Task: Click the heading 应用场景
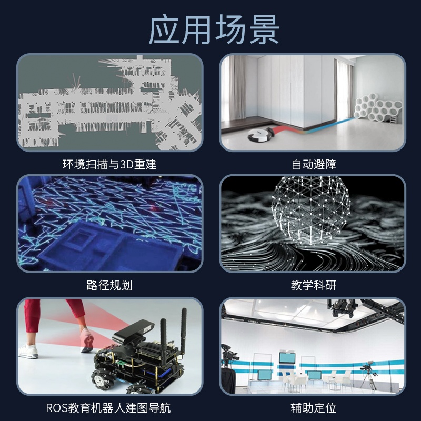point(214,29)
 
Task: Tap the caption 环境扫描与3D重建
point(109,164)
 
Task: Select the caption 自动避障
point(314,164)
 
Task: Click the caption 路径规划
point(109,285)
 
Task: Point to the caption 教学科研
point(314,285)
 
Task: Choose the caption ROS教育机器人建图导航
point(108,408)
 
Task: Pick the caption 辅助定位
point(314,408)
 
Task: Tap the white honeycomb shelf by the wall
point(378,107)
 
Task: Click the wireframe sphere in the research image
point(311,209)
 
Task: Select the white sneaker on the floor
point(28,351)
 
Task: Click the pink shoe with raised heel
point(87,340)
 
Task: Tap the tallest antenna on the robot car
point(183,331)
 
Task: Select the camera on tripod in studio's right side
point(368,375)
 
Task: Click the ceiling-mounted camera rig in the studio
point(343,307)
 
